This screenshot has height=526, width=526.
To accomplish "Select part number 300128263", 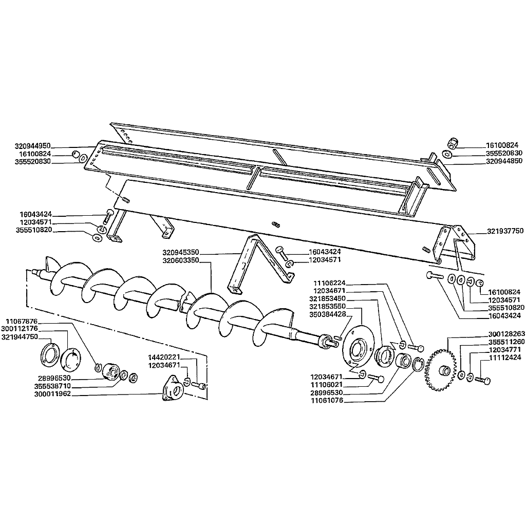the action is click(x=506, y=334).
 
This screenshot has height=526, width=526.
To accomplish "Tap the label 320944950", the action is click(x=32, y=146).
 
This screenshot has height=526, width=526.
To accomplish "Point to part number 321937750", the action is click(x=505, y=231).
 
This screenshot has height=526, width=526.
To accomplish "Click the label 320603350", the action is click(x=181, y=260).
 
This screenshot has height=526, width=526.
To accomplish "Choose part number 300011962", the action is click(x=53, y=394).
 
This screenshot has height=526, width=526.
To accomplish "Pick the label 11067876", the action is click(x=22, y=321).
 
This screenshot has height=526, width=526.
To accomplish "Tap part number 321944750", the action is click(x=20, y=337).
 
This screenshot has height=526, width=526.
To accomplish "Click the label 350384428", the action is click(x=327, y=314).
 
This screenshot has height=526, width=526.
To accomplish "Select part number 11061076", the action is click(x=327, y=401).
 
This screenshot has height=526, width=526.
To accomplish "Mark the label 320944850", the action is click(x=504, y=161).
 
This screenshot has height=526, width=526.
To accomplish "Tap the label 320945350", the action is click(x=181, y=252).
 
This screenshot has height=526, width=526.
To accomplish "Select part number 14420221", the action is click(x=165, y=357).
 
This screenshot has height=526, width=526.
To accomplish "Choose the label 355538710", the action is click(x=53, y=386).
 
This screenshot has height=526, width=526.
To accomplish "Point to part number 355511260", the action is click(x=506, y=342).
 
